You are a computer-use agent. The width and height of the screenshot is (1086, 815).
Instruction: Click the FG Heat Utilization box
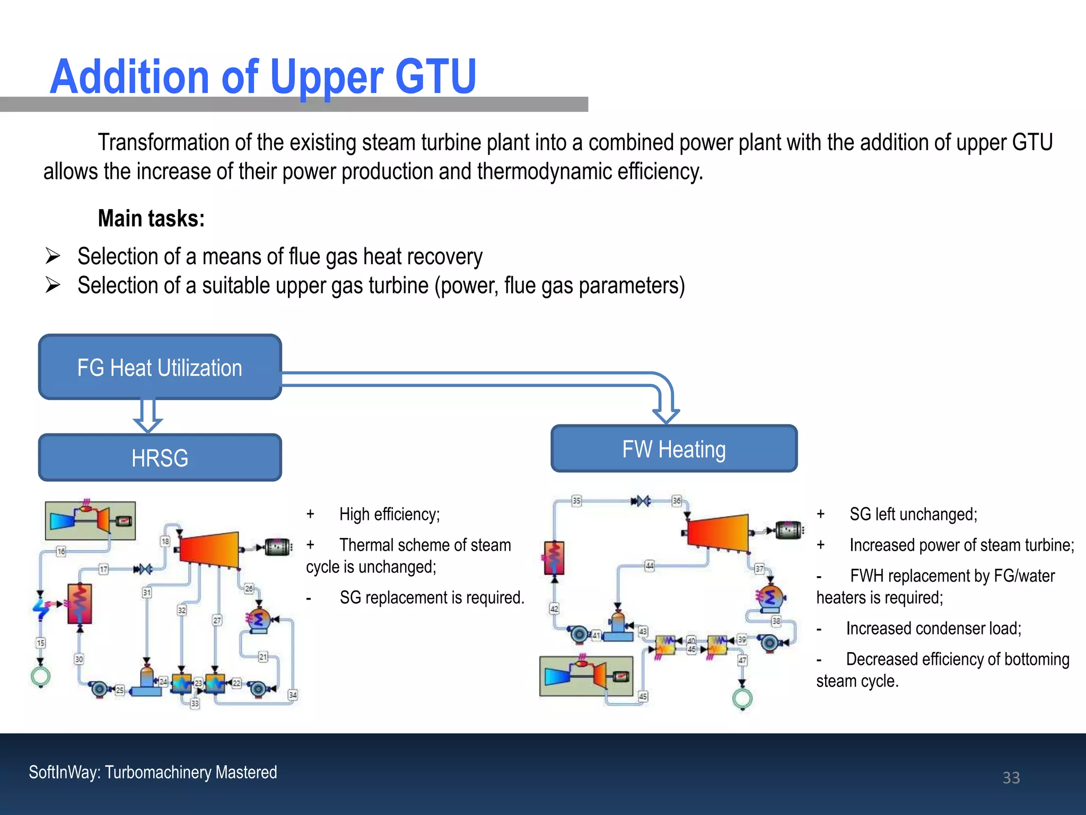pos(160,367)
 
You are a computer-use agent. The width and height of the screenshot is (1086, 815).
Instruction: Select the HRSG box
pos(160,458)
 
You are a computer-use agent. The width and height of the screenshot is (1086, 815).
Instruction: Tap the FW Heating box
pos(673,449)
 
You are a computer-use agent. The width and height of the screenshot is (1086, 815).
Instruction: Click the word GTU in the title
pos(435,77)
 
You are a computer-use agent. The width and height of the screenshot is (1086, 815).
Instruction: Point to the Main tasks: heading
pos(151,219)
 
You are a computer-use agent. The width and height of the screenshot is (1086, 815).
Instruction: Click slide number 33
pos(1011,777)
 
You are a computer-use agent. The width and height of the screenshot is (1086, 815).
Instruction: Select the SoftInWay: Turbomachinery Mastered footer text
pos(153,772)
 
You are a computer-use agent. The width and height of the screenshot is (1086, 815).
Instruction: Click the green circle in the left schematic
pos(41,677)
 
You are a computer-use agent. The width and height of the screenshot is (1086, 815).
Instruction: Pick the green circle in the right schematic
pos(742,698)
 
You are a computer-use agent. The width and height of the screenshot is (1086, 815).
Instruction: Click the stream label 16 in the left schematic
pos(61,551)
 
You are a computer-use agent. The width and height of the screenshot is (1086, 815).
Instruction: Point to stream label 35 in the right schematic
pos(576,500)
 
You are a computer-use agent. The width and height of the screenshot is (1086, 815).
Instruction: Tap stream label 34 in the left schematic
pos(293,695)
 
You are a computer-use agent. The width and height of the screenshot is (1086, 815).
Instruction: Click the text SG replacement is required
pos(432,597)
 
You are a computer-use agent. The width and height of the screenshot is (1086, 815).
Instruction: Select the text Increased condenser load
pos(933,628)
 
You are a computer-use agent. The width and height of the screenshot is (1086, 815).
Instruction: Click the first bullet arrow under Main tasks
pos(52,256)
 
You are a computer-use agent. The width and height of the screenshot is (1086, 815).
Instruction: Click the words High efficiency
pos(390,514)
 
